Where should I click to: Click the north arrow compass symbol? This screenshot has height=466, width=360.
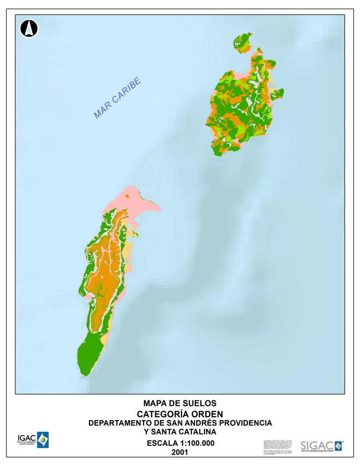(x=29, y=29)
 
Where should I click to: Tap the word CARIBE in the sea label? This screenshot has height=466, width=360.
(x=127, y=92)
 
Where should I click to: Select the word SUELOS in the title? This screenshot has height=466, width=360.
(x=200, y=403)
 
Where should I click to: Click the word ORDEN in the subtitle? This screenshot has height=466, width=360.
(x=207, y=413)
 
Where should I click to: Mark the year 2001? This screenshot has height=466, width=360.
(x=180, y=452)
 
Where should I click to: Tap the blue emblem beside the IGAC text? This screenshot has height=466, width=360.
(x=43, y=440)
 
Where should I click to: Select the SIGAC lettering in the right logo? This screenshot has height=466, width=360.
(x=316, y=445)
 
